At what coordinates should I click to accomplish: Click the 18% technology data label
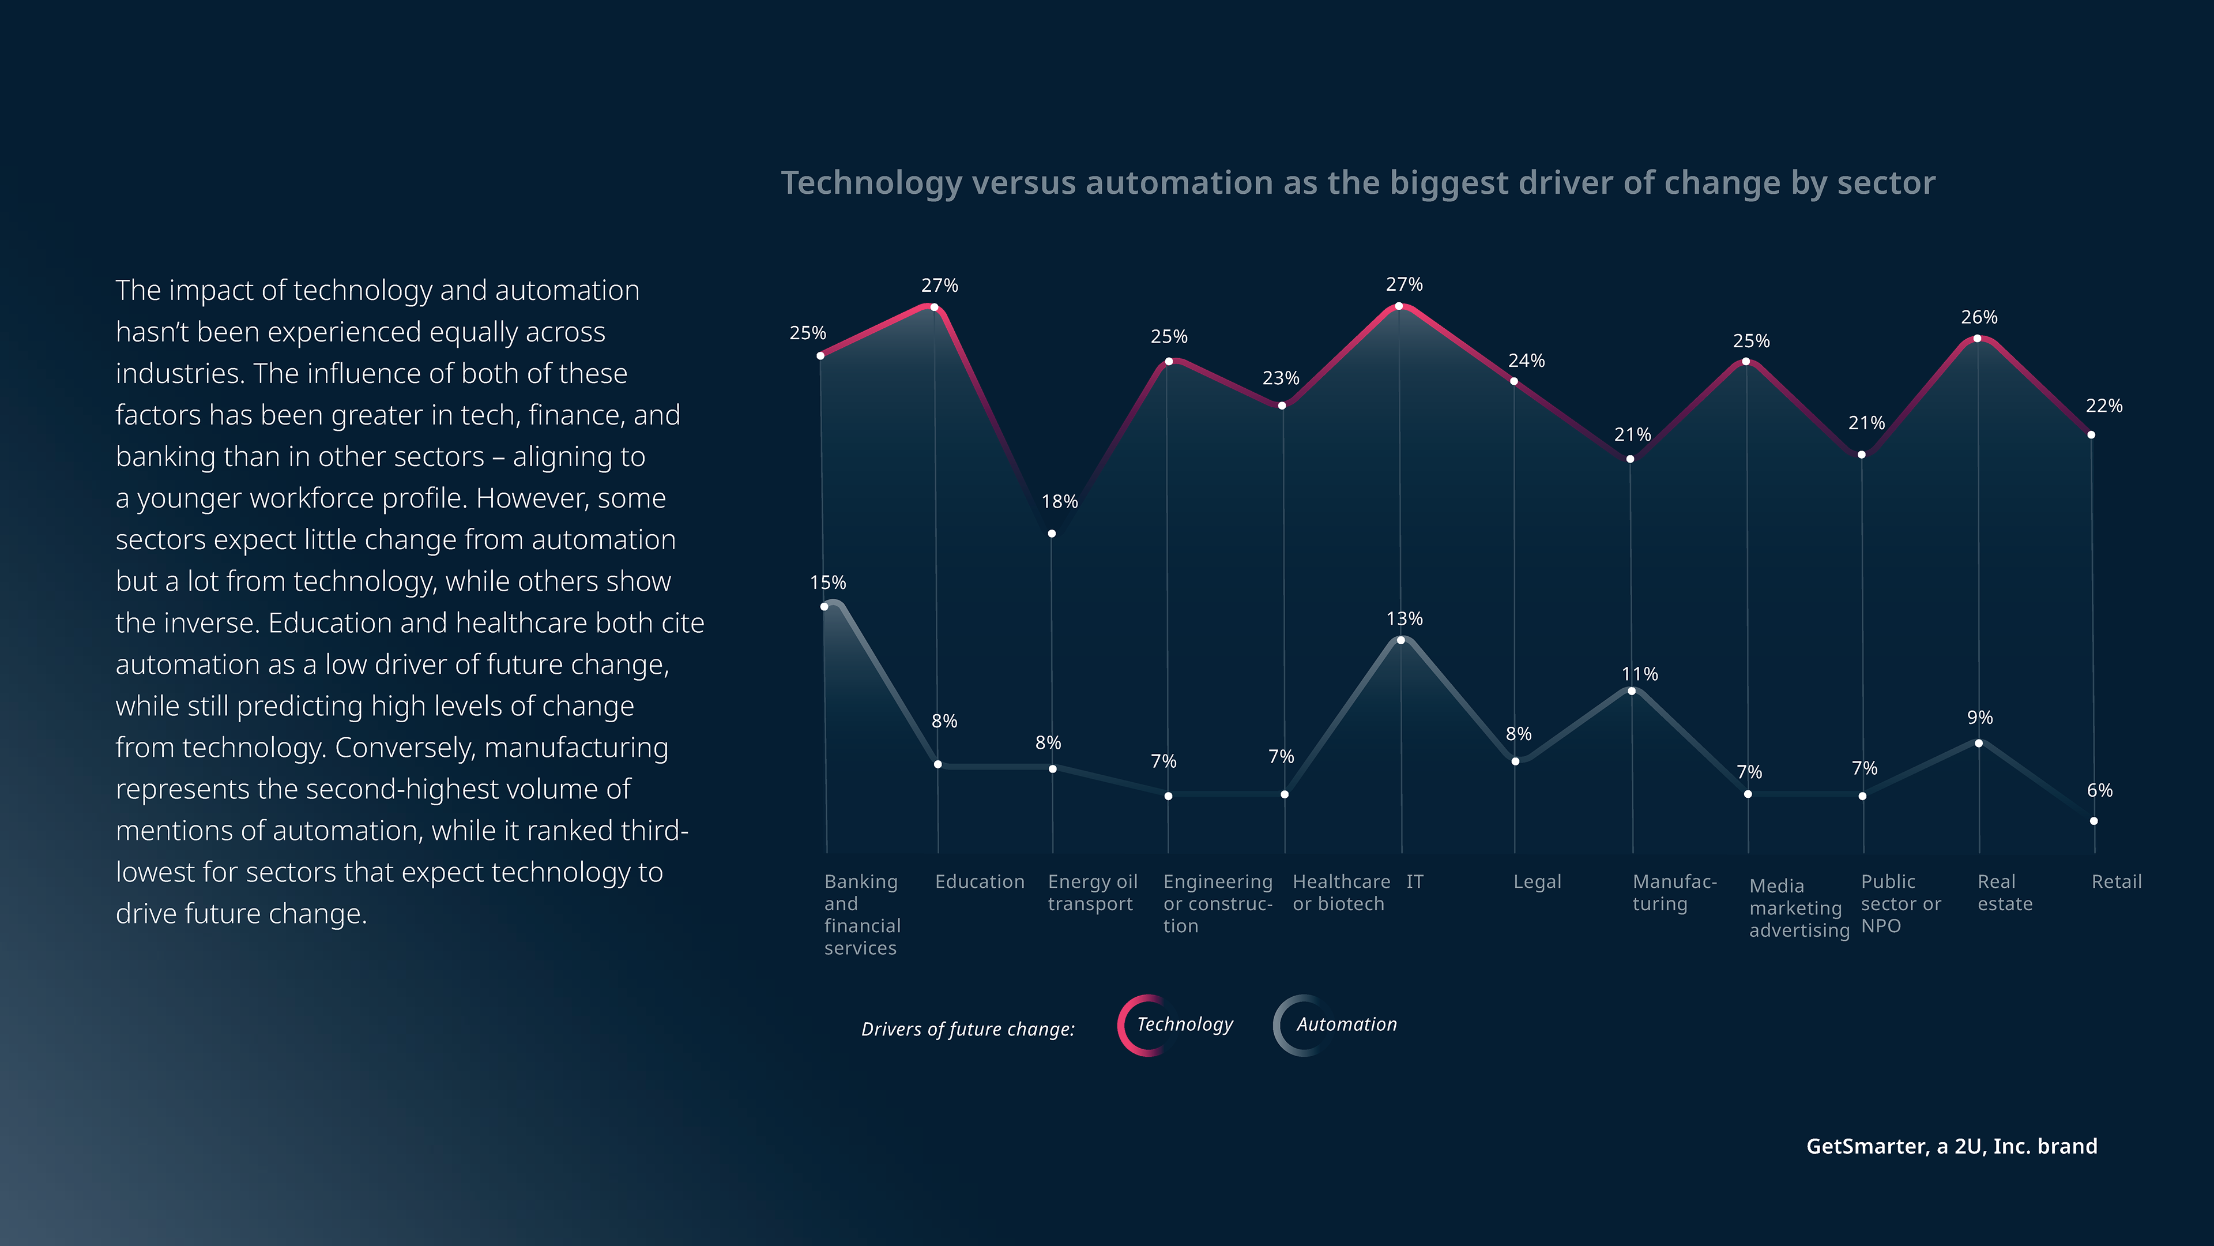(1059, 501)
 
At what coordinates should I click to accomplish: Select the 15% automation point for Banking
(824, 606)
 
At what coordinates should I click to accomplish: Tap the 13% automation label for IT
(1405, 618)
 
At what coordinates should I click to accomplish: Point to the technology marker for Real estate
(1977, 338)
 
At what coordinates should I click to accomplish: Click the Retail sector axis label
(2116, 881)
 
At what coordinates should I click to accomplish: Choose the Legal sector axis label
(1537, 881)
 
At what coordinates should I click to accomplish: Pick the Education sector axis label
(979, 881)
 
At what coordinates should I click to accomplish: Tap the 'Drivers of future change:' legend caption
(968, 1029)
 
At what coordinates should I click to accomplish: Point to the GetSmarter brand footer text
(1951, 1146)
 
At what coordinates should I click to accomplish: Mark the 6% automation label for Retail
(2099, 790)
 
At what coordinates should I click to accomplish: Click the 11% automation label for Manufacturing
(1639, 674)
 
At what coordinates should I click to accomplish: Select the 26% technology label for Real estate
(1979, 317)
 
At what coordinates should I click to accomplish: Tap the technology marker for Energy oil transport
(1051, 533)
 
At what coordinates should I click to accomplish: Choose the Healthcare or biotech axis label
(1340, 892)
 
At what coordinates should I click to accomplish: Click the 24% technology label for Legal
(1526, 361)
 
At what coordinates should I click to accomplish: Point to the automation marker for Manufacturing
(1631, 690)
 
